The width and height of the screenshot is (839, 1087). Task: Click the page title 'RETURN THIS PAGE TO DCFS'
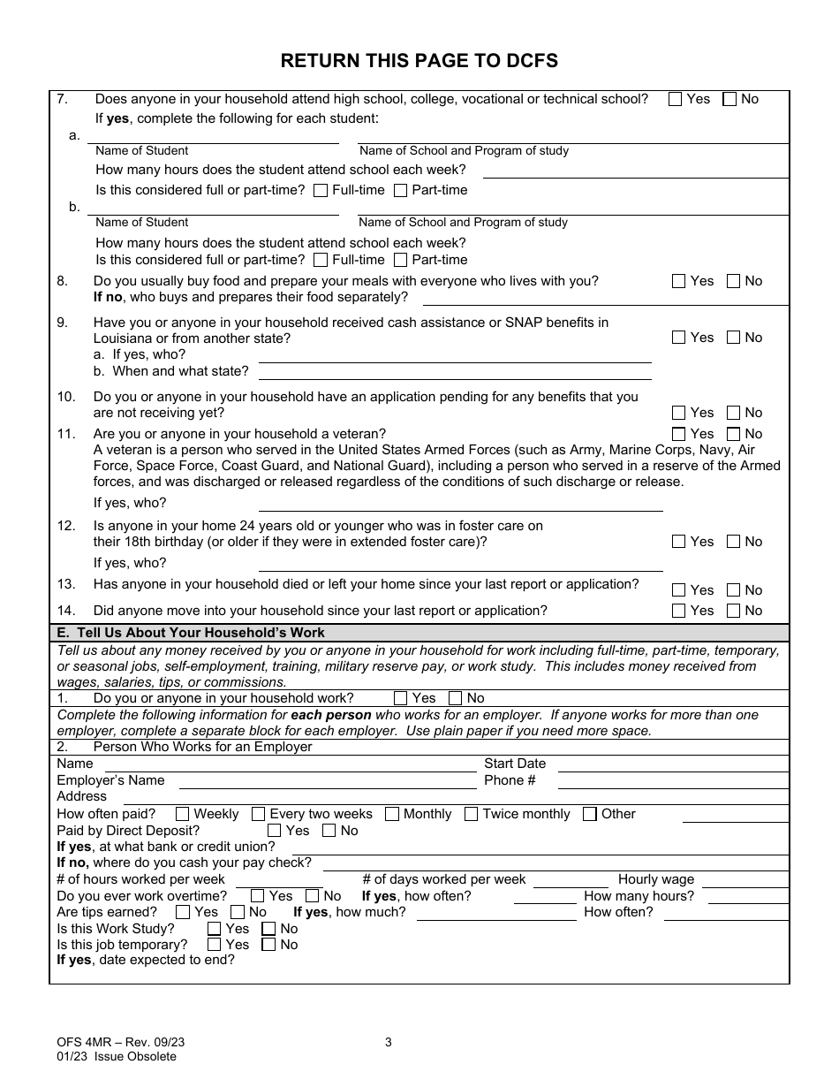(419, 61)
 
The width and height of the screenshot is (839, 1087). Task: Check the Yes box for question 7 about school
(676, 100)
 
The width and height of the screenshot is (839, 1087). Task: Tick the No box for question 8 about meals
(733, 281)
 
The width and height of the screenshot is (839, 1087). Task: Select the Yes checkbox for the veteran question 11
(678, 434)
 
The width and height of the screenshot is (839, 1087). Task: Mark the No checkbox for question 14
(733, 611)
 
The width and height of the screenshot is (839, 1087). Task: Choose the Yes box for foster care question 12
(678, 542)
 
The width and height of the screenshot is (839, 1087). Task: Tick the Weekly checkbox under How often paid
(183, 814)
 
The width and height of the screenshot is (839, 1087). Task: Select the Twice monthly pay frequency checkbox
(472, 814)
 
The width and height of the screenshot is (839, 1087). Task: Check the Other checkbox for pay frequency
(590, 814)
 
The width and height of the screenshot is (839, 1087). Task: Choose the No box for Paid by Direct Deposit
(329, 831)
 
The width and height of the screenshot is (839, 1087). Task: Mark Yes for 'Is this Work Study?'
(214, 929)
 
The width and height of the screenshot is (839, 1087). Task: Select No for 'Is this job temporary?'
(269, 945)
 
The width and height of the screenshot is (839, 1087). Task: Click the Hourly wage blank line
(745, 881)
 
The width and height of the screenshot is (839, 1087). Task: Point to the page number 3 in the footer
(389, 1042)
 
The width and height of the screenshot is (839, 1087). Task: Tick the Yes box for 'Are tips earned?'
(183, 912)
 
